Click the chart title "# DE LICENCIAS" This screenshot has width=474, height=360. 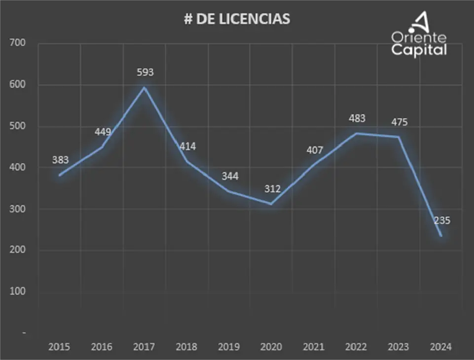(237, 19)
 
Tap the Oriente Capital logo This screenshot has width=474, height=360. (419, 36)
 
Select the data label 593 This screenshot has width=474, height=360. (145, 72)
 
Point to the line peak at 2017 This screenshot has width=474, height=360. (145, 88)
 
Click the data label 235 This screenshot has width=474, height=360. (441, 220)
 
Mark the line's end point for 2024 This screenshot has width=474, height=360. (440, 236)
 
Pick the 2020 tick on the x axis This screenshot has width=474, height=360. (271, 347)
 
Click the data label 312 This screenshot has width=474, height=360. (272, 188)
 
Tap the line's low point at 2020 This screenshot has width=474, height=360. (271, 204)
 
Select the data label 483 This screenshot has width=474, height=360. (357, 118)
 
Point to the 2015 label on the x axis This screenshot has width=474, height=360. (59, 347)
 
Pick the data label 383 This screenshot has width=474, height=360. (60, 160)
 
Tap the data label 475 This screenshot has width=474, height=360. (400, 122)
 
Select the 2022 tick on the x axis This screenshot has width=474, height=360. (356, 347)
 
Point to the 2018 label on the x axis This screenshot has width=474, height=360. (186, 347)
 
